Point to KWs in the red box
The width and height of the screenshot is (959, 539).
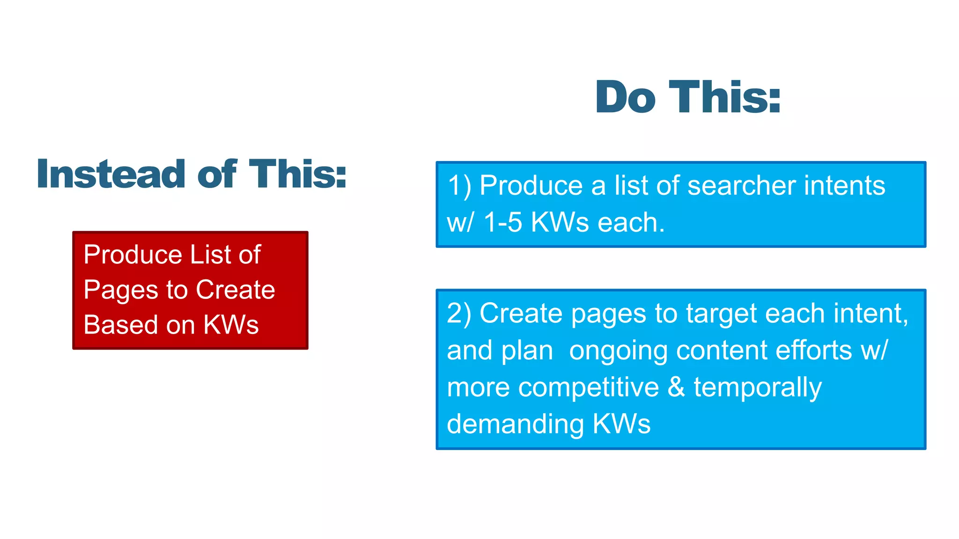tap(231, 325)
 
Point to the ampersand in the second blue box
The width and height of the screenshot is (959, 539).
tap(676, 387)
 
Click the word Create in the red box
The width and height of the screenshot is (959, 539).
tap(235, 290)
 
